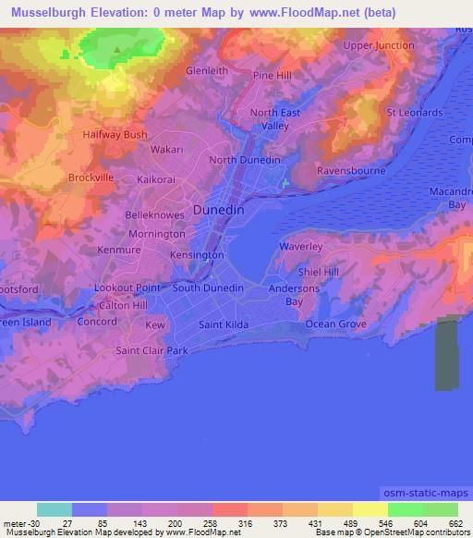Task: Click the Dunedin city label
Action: click(x=220, y=210)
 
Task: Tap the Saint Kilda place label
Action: click(x=224, y=324)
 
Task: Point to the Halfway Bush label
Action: click(x=116, y=134)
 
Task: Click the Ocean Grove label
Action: click(x=336, y=324)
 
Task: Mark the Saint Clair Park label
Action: click(x=152, y=350)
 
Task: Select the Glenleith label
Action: click(x=207, y=70)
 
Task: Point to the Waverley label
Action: click(x=301, y=247)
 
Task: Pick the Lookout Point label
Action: click(x=127, y=287)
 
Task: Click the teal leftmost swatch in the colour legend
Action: click(x=55, y=509)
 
